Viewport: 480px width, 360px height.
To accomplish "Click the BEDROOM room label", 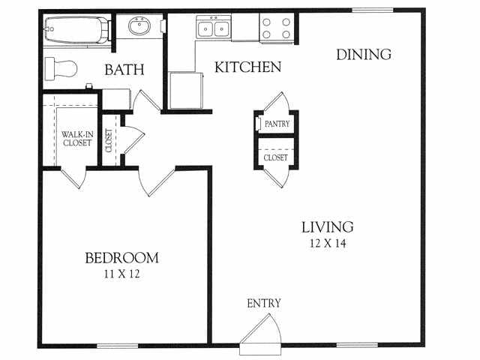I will [121, 258].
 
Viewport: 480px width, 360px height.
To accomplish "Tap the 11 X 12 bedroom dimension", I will [121, 274].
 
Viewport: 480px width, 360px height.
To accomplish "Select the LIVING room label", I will [327, 226].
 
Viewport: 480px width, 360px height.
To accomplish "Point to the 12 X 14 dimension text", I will [327, 243].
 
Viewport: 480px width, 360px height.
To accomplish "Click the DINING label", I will [363, 54].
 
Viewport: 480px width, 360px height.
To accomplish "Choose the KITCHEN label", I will [247, 67].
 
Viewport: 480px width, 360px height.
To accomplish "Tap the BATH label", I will [124, 71].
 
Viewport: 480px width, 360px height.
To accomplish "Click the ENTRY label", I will [264, 303].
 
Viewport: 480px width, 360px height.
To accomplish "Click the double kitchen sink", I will [214, 29].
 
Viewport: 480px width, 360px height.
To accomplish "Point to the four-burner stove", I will [276, 28].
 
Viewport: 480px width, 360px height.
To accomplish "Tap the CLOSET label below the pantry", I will [276, 158].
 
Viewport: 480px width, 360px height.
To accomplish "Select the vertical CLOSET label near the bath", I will [109, 140].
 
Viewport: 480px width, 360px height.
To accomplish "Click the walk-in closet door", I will [73, 179].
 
